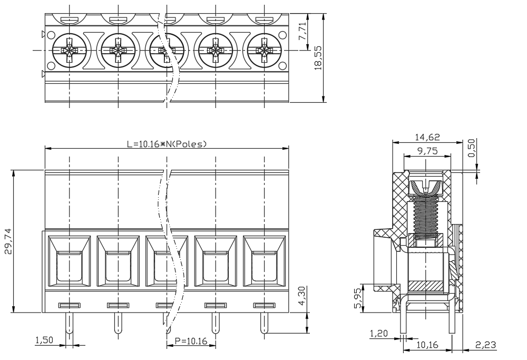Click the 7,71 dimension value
pos(302,32)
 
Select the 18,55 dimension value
pos(318,58)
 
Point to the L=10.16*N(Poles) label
pos(167,144)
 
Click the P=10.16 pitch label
pos(191,341)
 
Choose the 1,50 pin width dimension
pos(44,340)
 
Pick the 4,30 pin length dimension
pos(302,296)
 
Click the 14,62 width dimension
pos(427,137)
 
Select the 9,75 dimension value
pos(427,151)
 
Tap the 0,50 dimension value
pos(472,148)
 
